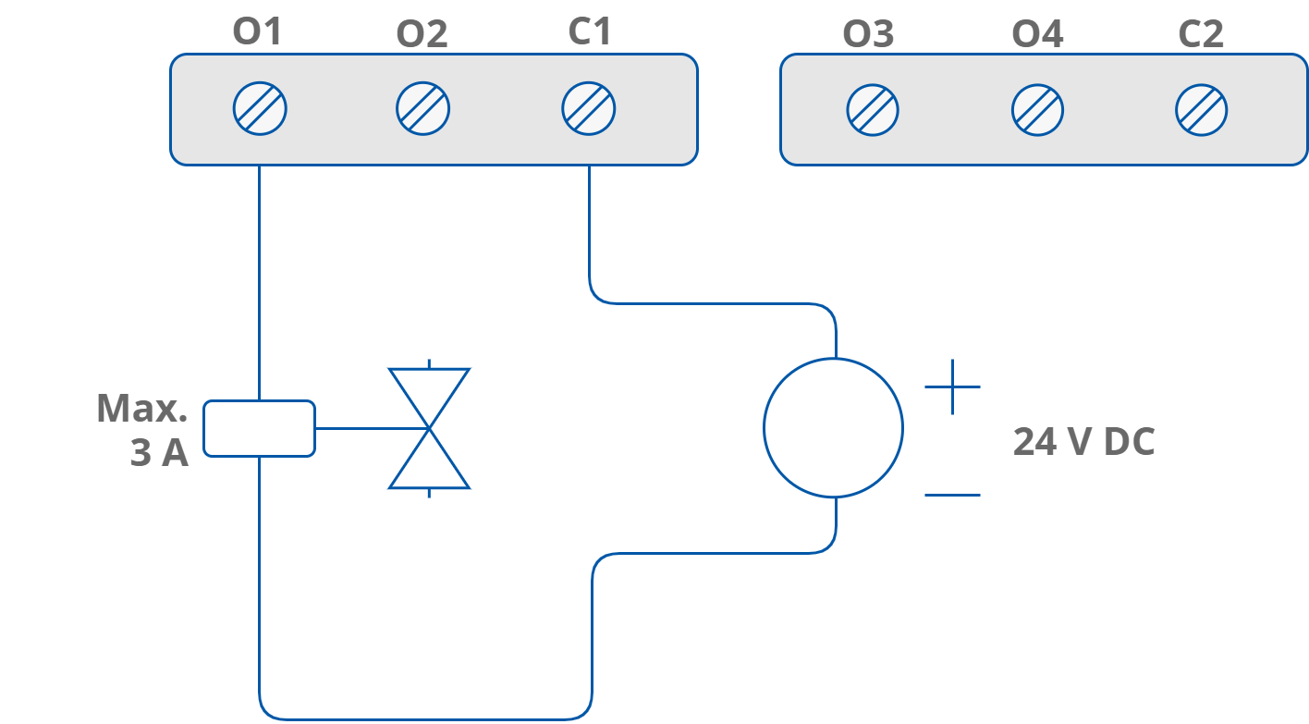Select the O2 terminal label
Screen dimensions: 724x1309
pos(422,35)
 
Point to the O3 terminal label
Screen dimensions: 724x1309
pos(868,35)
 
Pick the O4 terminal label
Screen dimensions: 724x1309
pos(1037,35)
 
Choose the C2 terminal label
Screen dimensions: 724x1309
pos(1201,35)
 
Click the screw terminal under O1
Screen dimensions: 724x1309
pos(260,109)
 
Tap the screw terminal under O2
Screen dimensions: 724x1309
pos(423,109)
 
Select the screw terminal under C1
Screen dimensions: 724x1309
pos(589,109)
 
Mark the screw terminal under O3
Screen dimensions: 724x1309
pos(873,111)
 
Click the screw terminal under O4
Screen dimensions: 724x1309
pos(1037,111)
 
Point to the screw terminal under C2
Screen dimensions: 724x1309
pos(1202,111)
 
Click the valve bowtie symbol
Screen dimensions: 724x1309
pos(429,428)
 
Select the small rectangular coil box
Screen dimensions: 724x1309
pos(259,428)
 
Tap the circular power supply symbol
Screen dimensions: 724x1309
pos(833,427)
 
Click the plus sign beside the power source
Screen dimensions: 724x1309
pos(952,387)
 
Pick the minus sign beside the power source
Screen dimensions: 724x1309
pos(952,495)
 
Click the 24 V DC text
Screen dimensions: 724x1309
pos(1083,443)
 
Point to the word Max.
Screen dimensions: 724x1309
pos(141,409)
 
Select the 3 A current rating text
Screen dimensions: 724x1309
pos(159,454)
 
